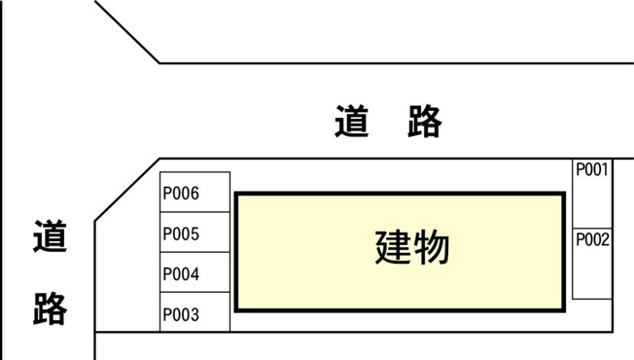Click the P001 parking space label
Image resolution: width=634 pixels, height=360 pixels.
[x=591, y=170]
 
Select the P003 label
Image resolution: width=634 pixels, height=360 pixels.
[x=181, y=314]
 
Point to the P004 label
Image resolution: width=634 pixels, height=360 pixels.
[x=181, y=274]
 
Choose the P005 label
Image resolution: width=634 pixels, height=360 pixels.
[x=181, y=234]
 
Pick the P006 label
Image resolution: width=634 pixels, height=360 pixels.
[x=181, y=194]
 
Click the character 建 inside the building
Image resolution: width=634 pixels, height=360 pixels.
[x=393, y=247]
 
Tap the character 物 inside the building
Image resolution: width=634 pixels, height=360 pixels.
[x=432, y=247]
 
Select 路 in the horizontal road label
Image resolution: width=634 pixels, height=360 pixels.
[x=424, y=123]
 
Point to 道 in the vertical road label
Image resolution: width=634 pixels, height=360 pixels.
[x=50, y=236]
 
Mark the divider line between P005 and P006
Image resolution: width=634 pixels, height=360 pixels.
[x=194, y=213]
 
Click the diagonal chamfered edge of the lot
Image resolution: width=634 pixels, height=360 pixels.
[x=126, y=191]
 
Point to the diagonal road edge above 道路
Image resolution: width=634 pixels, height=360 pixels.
[x=127, y=32]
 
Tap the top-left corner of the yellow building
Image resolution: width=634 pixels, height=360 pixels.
[x=236, y=195]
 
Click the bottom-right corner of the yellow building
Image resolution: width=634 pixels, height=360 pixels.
[x=564, y=309]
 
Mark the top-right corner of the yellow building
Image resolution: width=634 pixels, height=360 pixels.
[x=564, y=195]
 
